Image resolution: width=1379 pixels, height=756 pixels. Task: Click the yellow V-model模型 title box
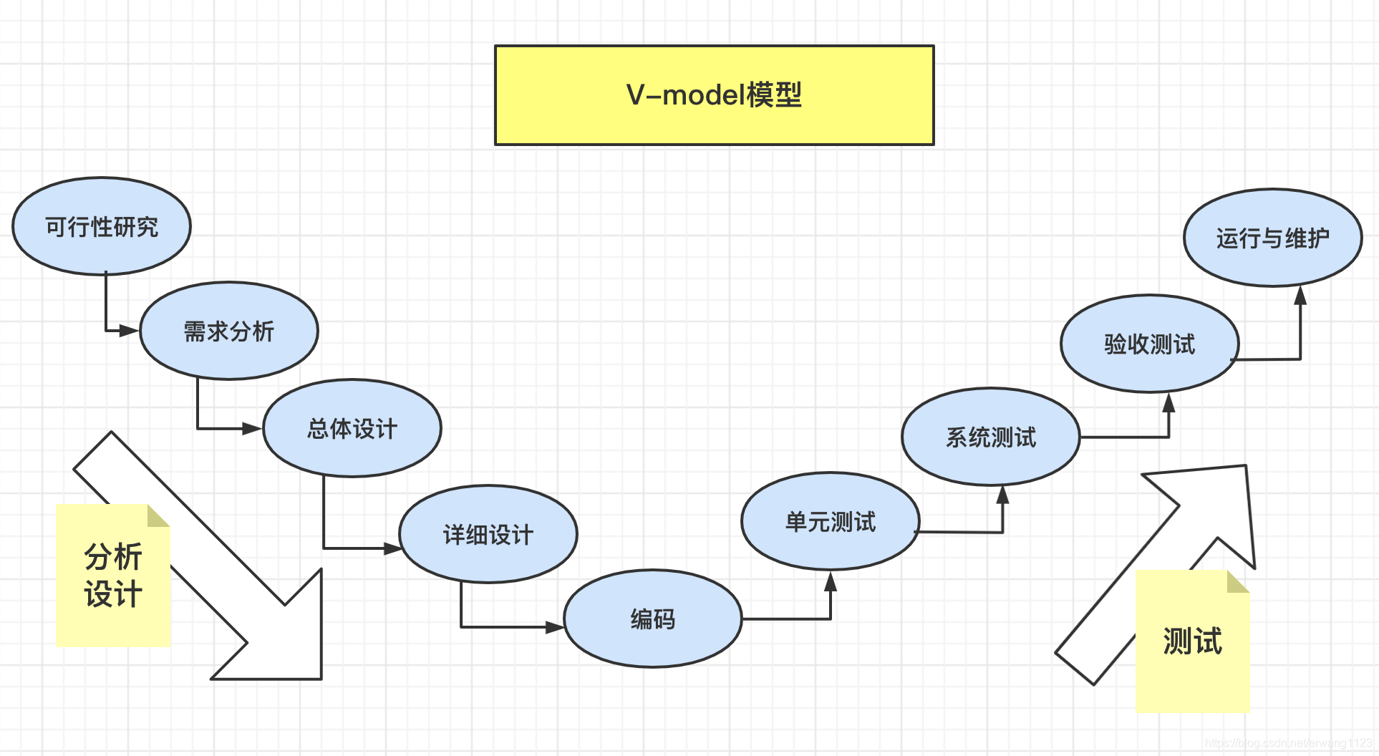click(714, 95)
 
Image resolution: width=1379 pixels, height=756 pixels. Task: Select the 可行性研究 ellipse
click(102, 226)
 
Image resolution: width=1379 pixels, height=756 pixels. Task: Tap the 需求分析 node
click(228, 331)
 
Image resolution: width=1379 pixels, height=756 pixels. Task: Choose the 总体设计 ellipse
click(352, 428)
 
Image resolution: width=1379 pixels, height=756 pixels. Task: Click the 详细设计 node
click(488, 534)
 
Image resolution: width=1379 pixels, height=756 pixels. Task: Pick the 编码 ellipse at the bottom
click(652, 619)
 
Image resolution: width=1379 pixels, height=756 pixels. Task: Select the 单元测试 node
click(830, 521)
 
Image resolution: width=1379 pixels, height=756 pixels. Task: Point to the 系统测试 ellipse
click(990, 437)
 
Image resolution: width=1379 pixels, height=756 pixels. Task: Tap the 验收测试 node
click(1149, 344)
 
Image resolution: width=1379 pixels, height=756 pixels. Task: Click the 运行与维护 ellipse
click(1272, 238)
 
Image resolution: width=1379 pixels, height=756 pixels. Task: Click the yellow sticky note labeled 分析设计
click(112, 576)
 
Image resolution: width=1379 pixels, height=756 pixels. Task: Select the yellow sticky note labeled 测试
click(1192, 641)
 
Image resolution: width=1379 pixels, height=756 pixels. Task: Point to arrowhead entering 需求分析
click(130, 331)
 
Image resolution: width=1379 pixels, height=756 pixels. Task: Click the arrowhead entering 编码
click(555, 627)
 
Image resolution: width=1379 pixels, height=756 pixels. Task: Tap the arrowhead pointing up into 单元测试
click(831, 581)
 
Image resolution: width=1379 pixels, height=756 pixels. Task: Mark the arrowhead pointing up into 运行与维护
click(1300, 295)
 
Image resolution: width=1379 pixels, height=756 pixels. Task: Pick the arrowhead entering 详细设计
click(393, 548)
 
